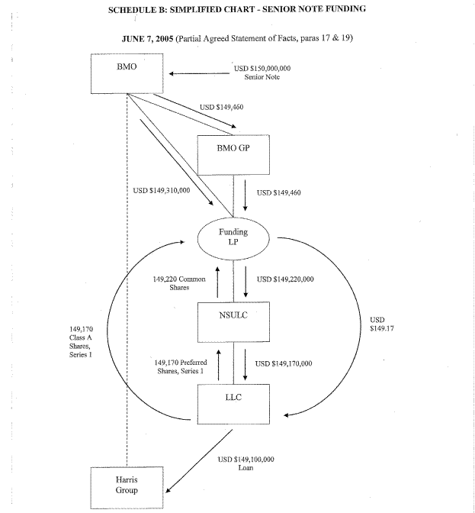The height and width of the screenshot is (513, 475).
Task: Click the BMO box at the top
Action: tap(127, 73)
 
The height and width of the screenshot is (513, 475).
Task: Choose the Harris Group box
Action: tap(127, 486)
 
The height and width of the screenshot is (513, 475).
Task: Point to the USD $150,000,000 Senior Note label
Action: tap(260, 73)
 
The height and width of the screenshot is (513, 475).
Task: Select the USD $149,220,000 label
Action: tap(286, 279)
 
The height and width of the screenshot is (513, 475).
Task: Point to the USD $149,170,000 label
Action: tap(285, 363)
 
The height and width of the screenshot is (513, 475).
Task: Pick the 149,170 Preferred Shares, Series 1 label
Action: tap(179, 366)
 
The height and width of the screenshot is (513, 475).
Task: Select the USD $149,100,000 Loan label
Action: tap(246, 463)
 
